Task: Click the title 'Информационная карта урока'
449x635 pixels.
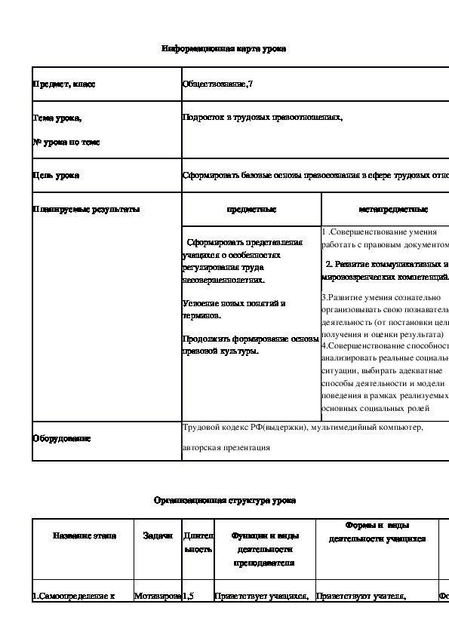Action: (224, 49)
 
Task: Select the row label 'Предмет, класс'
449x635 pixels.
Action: (63, 84)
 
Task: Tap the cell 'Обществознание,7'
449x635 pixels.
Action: (218, 84)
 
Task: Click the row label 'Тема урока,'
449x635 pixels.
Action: (57, 118)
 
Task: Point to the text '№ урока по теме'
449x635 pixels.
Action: (66, 142)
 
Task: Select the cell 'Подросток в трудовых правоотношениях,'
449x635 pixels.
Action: (263, 118)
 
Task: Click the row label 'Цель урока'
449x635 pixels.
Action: (56, 176)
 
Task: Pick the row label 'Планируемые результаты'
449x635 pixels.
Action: (85, 209)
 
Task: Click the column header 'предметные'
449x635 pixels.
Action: (251, 209)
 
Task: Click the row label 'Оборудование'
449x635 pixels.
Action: (61, 438)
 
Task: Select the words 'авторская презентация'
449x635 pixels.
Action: (226, 447)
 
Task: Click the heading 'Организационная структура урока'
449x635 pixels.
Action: (225, 500)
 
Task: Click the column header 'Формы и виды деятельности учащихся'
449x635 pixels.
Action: (377, 532)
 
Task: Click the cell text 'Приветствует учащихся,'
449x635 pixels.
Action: (262, 597)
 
